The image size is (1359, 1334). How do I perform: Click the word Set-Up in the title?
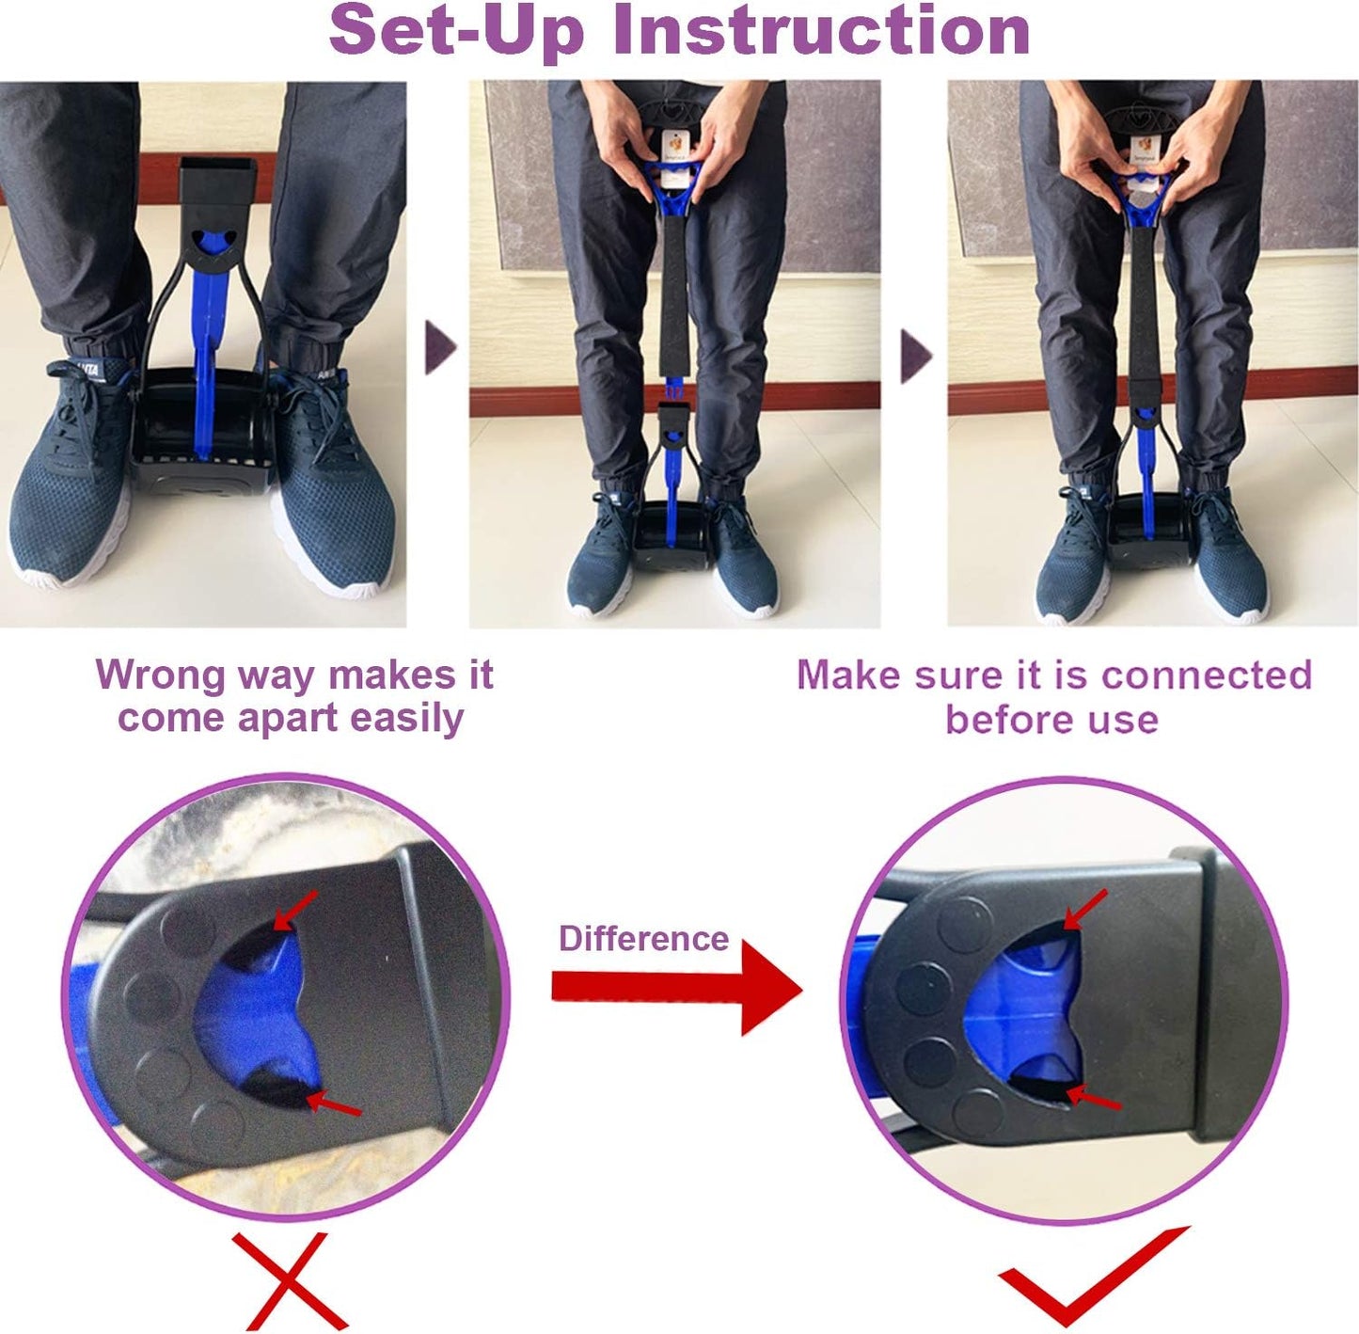pyautogui.click(x=457, y=30)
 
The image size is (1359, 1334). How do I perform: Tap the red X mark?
pyautogui.click(x=290, y=1280)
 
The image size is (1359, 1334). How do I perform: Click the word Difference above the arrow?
pyautogui.click(x=643, y=938)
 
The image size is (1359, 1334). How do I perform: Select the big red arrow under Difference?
pyautogui.click(x=677, y=987)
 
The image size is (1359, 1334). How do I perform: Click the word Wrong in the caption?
pyautogui.click(x=160, y=675)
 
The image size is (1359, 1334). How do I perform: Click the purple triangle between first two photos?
pyautogui.click(x=440, y=348)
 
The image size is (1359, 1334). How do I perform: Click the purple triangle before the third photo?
pyautogui.click(x=915, y=356)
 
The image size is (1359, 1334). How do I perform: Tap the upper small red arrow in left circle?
pyautogui.click(x=296, y=910)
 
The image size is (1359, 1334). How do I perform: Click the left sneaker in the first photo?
pyautogui.click(x=71, y=480)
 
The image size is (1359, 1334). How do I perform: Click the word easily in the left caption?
pyautogui.click(x=406, y=718)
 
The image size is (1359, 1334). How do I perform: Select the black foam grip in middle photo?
pyautogui.click(x=673, y=292)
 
